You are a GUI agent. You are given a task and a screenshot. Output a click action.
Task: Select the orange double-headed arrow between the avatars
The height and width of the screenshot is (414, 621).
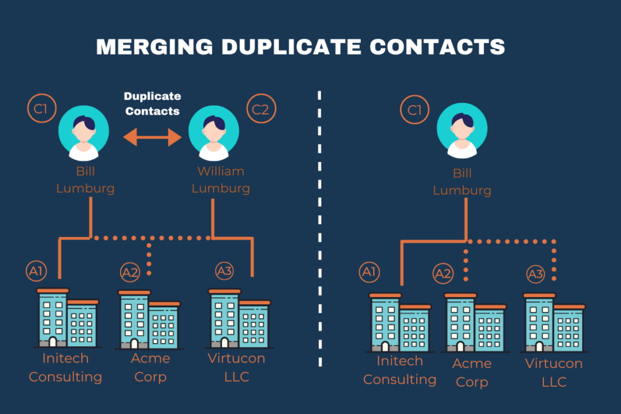pos(152,138)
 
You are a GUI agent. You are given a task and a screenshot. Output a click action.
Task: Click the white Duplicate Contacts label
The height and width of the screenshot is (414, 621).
pos(152,104)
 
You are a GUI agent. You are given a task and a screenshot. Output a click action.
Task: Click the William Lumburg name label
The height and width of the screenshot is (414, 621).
pos(221,180)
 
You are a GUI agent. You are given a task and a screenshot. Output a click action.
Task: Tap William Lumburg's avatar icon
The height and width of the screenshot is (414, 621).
pos(213,131)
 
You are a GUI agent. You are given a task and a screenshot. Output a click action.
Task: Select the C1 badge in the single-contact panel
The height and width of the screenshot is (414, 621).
pos(414,111)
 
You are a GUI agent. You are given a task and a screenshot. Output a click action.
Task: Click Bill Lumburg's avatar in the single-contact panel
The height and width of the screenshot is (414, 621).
pos(462,131)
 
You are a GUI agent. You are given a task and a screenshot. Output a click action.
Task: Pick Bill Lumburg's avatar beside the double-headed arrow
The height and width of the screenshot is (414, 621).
pos(84,131)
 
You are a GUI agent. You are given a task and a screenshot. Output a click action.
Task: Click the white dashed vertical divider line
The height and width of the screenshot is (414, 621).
pos(320,230)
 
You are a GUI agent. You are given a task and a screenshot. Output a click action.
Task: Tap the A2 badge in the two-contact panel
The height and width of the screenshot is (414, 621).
pos(130,272)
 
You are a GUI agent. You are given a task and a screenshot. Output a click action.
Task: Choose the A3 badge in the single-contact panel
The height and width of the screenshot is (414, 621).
pos(535,275)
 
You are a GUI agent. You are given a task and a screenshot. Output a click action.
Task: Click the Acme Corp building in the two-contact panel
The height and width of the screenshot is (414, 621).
pos(149,319)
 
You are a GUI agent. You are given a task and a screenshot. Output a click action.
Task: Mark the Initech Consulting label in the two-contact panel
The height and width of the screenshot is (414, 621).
pos(65,368)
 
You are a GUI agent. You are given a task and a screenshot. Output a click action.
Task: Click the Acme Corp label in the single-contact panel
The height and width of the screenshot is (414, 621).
pos(472,373)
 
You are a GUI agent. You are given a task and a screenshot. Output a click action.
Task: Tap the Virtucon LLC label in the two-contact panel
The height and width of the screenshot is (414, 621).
pos(237,367)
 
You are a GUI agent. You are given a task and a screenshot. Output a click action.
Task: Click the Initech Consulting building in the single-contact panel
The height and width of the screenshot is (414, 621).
pos(400,322)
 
